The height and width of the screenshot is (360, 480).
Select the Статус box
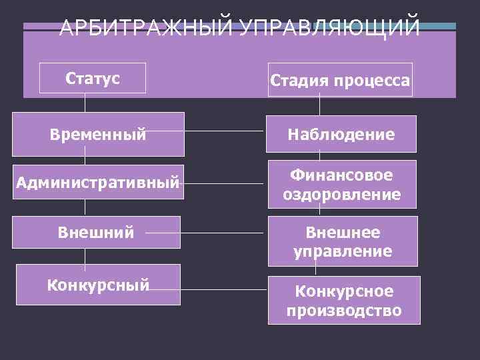(93, 79)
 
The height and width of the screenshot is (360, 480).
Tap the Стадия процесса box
(340, 80)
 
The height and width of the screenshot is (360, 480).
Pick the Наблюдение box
(341, 135)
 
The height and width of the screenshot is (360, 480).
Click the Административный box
(98, 181)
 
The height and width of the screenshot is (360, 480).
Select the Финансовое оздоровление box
(341, 184)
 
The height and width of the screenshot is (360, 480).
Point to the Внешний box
(97, 233)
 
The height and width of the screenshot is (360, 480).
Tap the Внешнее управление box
(343, 241)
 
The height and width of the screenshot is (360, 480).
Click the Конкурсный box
(98, 285)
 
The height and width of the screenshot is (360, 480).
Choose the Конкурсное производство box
(344, 301)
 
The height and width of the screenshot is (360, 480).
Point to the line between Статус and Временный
(85, 103)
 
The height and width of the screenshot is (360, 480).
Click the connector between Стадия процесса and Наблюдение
(320, 106)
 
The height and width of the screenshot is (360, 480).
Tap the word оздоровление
(341, 194)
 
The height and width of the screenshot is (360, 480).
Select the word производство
(344, 310)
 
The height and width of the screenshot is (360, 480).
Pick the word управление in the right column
(343, 251)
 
